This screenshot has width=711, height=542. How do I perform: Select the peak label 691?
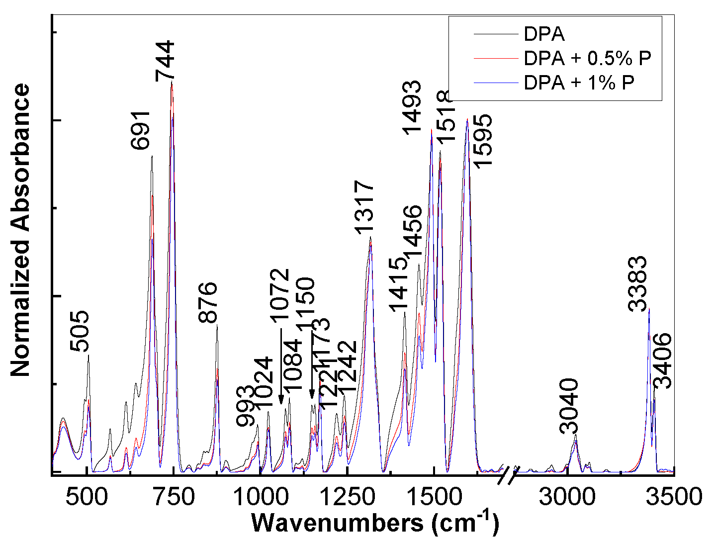point(141,130)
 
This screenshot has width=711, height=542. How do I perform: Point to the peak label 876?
point(208,302)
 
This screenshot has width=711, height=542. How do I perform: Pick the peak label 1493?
point(412,107)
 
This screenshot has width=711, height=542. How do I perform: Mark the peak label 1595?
point(482,142)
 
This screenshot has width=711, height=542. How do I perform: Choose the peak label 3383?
point(638,284)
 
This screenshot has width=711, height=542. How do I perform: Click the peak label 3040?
point(569,406)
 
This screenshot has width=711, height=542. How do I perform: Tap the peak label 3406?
point(662,361)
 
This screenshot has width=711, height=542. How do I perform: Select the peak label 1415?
point(398,284)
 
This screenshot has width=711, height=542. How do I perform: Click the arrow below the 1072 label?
point(281,365)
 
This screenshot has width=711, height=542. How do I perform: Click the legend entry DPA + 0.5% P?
point(587,59)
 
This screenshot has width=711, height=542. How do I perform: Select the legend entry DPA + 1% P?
point(579,83)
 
